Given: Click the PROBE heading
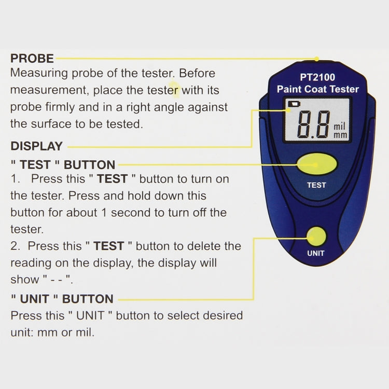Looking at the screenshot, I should (x=32, y=58).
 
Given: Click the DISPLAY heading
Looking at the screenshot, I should (x=36, y=146).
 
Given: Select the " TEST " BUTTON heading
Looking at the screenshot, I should (x=63, y=165).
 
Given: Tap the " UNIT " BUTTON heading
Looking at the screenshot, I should (x=62, y=299).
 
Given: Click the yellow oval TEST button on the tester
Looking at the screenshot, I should (x=317, y=164).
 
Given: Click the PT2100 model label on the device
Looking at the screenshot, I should (x=317, y=78).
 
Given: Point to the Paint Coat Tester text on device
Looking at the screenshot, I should (x=317, y=89).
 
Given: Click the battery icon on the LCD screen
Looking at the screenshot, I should (x=294, y=105).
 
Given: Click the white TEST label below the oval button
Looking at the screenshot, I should (x=316, y=185).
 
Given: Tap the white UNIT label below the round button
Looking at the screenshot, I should (x=316, y=254).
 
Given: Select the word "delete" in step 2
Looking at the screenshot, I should (x=203, y=246).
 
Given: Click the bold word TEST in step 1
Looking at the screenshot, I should (x=113, y=179).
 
